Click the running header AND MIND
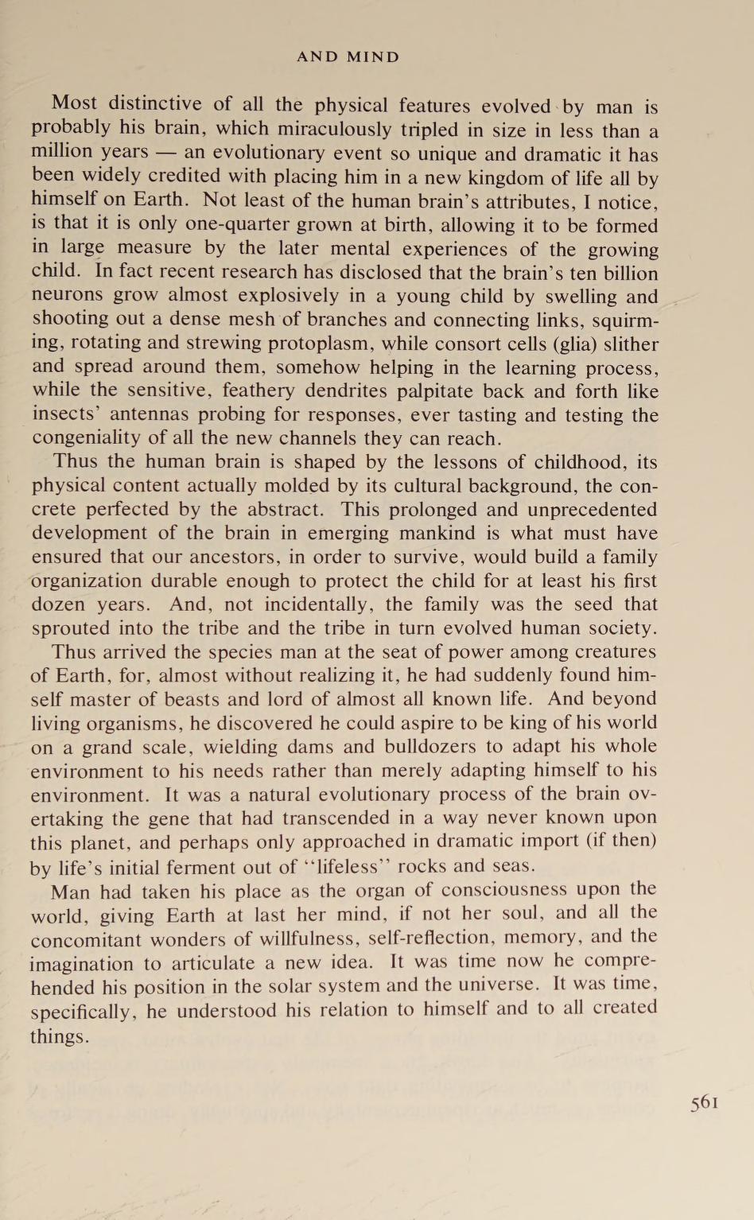coord(348,57)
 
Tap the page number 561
coord(705,1102)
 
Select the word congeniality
coord(87,438)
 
